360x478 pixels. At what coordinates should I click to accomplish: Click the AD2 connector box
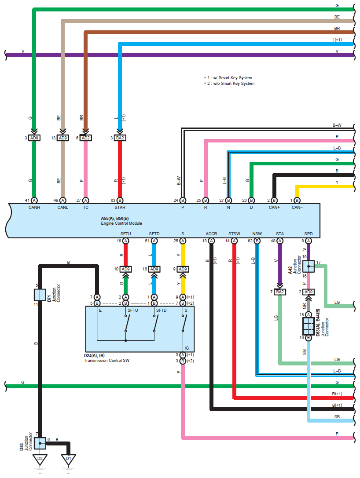(x=86, y=138)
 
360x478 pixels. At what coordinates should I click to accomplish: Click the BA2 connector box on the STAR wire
(x=120, y=138)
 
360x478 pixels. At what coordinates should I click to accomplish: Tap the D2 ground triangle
(x=40, y=459)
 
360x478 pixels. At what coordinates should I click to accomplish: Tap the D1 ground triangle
(x=68, y=459)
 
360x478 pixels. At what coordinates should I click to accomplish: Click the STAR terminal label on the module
(x=120, y=208)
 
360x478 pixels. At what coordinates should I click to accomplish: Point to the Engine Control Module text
(x=121, y=223)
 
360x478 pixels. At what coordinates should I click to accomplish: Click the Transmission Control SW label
(x=107, y=360)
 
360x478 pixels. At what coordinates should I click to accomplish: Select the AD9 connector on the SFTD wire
(x=154, y=269)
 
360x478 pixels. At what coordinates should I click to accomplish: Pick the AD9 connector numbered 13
(x=63, y=138)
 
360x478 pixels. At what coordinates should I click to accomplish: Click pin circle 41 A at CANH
(x=34, y=200)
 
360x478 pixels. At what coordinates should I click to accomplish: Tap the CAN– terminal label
(x=298, y=208)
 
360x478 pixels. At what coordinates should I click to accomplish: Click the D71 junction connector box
(x=40, y=294)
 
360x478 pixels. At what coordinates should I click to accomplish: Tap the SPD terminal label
(x=308, y=234)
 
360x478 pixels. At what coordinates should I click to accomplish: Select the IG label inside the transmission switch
(x=187, y=348)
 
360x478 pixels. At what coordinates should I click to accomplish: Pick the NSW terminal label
(x=257, y=234)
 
